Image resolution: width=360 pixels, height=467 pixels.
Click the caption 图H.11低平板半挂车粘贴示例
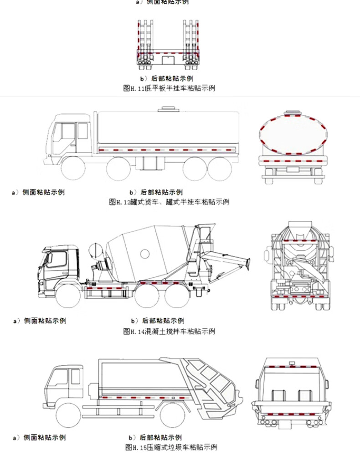pos(169,88)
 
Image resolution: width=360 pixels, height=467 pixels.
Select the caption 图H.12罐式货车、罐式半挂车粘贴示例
pos(169,202)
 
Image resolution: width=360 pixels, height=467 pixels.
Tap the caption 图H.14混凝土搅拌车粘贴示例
pos(169,331)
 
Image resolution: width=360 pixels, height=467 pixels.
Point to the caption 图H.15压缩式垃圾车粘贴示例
pos(170,447)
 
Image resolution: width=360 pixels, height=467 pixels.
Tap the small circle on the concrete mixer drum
pos(145,253)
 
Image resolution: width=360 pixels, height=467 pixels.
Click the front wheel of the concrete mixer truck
pos(69,296)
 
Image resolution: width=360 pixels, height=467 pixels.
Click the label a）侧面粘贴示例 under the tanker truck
pos(38,192)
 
